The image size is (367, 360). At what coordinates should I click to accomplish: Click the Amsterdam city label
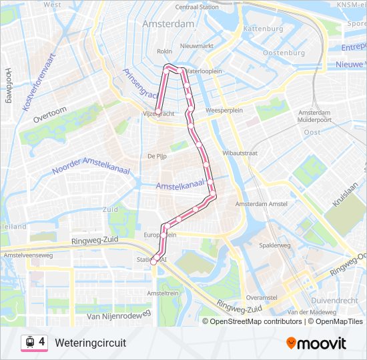pos(167,23)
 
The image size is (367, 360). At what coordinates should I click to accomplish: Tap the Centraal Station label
pos(197,7)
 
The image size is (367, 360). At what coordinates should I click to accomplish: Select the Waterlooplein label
pos(203,71)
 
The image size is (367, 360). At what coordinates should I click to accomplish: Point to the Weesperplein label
pos(222,111)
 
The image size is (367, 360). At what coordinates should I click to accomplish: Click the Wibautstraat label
pos(240,153)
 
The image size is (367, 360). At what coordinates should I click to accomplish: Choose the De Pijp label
pos(157,156)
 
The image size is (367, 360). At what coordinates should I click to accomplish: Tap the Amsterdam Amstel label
pos(261,203)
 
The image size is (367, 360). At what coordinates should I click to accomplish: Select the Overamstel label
pos(261,297)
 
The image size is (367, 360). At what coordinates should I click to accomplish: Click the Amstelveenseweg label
pos(28,255)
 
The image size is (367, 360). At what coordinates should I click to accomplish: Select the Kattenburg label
pos(263,29)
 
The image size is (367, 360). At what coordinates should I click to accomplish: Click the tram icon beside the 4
pos(29,342)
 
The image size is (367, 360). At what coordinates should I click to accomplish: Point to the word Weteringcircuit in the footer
pos(90,342)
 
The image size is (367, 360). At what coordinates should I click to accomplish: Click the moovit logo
pos(316,343)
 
